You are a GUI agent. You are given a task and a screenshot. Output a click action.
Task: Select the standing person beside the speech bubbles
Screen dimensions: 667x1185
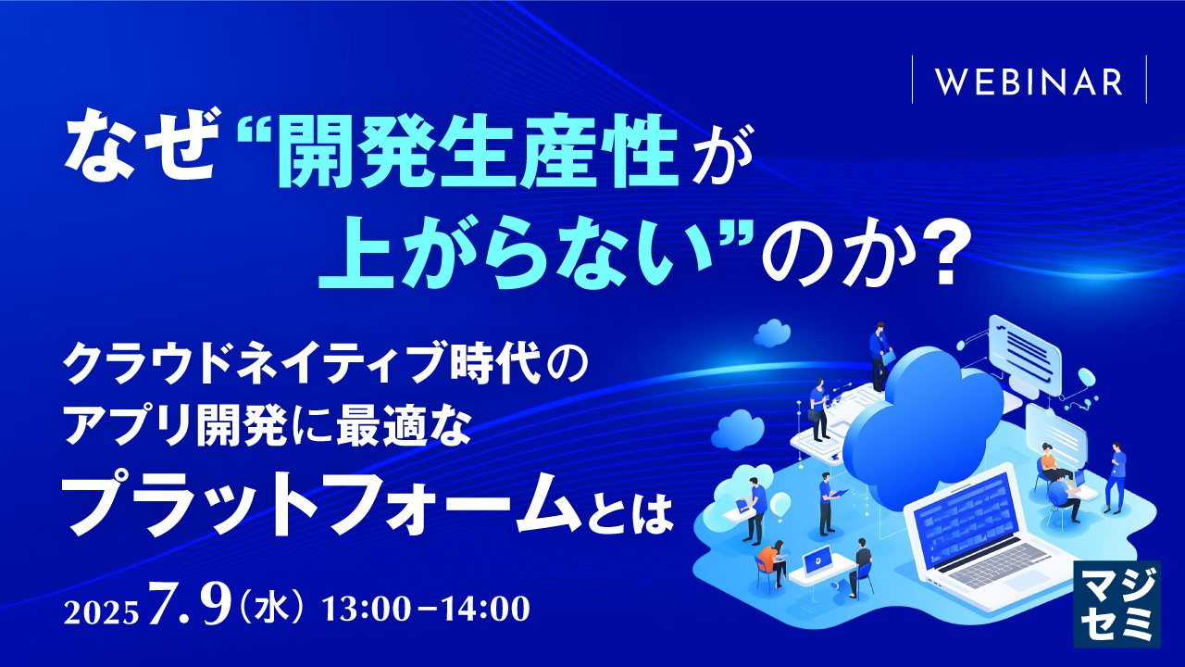1116,477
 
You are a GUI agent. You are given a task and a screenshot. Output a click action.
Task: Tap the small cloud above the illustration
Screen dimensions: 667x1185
771,331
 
